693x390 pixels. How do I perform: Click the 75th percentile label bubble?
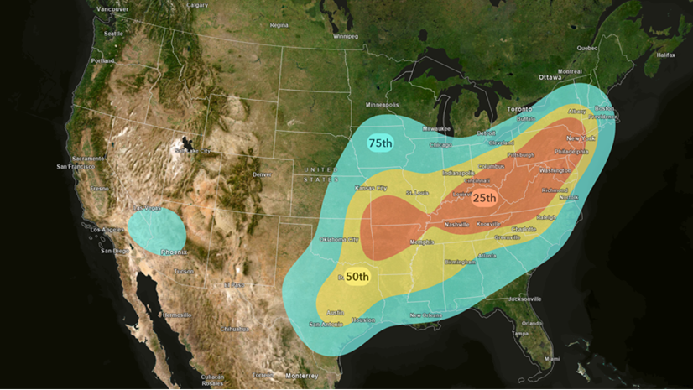click(380, 143)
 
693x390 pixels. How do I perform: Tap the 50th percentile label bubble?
click(357, 277)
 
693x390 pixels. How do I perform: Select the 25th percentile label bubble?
click(484, 199)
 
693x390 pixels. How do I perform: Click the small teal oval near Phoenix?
click(157, 229)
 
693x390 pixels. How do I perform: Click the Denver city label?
click(262, 174)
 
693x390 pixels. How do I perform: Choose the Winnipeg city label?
click(345, 37)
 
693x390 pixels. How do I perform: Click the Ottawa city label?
click(550, 77)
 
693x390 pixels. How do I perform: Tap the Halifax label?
click(665, 55)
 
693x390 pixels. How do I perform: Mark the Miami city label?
click(551, 358)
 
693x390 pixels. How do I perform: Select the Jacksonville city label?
click(524, 299)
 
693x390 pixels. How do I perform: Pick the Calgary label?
click(197, 4)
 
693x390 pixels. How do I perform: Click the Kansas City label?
click(371, 188)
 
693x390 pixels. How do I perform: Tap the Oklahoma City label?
click(339, 240)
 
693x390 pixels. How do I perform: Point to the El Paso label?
click(233, 285)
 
